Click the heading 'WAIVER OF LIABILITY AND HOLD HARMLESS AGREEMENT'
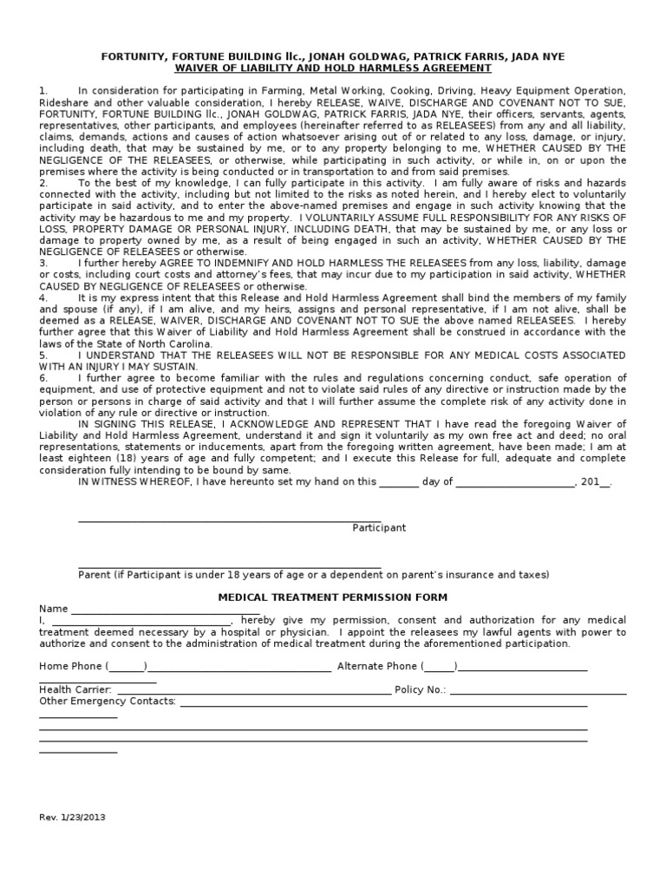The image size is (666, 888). (x=332, y=69)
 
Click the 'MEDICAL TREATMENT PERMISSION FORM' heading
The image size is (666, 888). (x=332, y=597)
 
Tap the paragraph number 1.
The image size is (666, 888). (x=42, y=91)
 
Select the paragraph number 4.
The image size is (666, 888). (x=42, y=297)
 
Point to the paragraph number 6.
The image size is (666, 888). (x=42, y=378)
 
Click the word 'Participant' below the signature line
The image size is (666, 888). (x=378, y=528)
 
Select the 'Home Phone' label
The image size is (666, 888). (x=71, y=666)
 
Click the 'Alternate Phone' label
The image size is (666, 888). (x=376, y=666)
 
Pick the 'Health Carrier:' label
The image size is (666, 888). (x=75, y=689)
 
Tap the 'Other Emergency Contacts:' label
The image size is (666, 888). (x=108, y=701)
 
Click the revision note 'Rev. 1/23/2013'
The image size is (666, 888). (x=74, y=817)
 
